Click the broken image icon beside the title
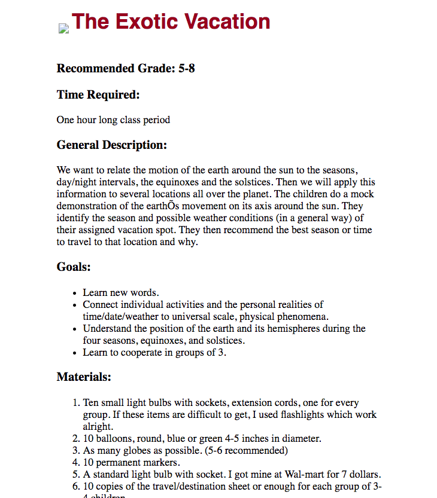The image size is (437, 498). [63, 28]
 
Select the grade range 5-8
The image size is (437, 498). [187, 68]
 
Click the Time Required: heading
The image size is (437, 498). [98, 94]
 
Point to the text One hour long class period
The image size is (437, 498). [113, 120]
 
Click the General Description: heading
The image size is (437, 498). [112, 145]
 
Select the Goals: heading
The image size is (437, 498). [74, 267]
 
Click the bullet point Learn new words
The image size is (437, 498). [120, 292]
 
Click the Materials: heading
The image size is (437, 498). [84, 377]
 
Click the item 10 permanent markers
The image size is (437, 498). [131, 462]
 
